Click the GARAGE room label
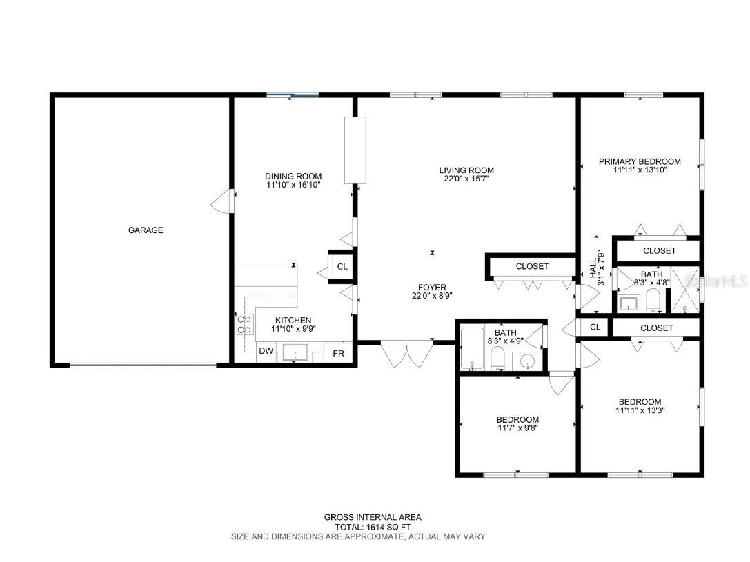pos(146,230)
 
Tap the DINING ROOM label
pos(293,176)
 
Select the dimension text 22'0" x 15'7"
pos(466,179)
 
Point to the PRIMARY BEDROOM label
pos(640,161)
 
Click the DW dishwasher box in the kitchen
pos(266,351)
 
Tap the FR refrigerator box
pos(338,352)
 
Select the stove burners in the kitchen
pos(244,325)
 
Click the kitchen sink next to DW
pos(295,353)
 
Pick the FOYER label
pos(432,288)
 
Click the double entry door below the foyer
pos(406,354)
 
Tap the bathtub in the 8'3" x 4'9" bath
pos(472,348)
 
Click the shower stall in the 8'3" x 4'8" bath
pos(685,290)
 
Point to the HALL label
pos(593,268)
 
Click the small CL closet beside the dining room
pos(342,267)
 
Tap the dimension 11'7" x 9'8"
pos(517,428)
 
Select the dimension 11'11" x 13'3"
pos(640,410)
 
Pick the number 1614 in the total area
pos(377,527)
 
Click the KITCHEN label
pos(293,320)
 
